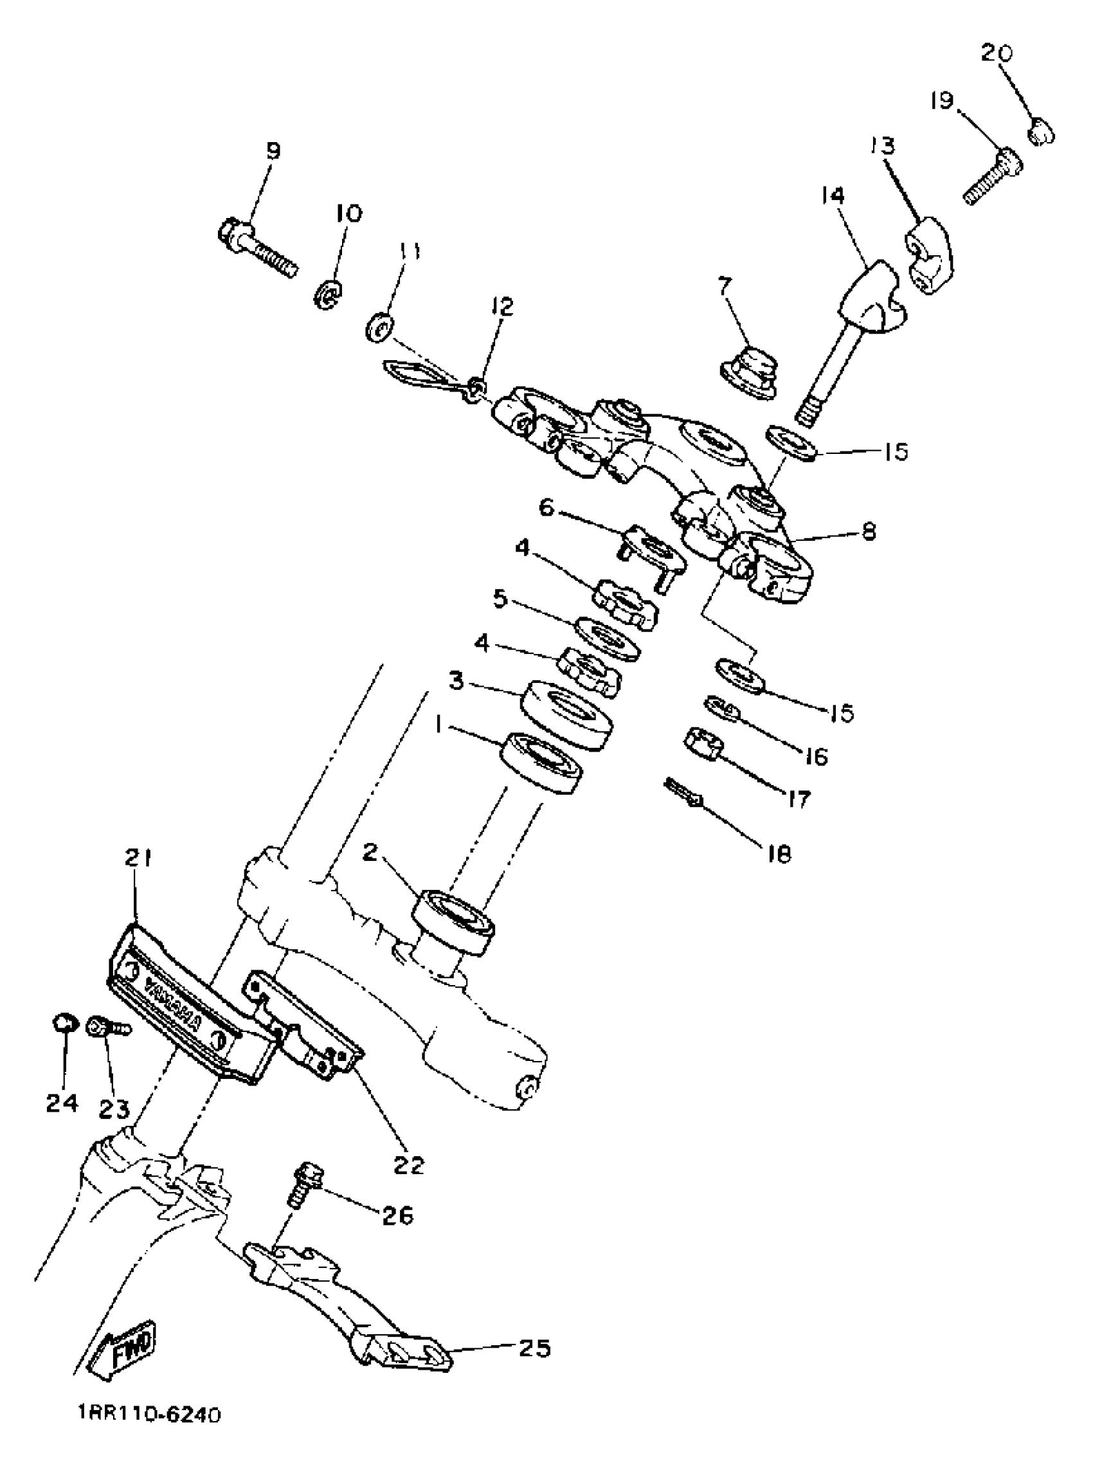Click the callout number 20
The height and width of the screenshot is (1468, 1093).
click(996, 53)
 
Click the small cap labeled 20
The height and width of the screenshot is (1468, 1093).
click(1041, 130)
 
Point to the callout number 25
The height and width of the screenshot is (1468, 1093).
click(533, 1346)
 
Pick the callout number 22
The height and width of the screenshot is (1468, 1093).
click(408, 1164)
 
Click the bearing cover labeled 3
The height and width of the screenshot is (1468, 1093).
click(566, 714)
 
